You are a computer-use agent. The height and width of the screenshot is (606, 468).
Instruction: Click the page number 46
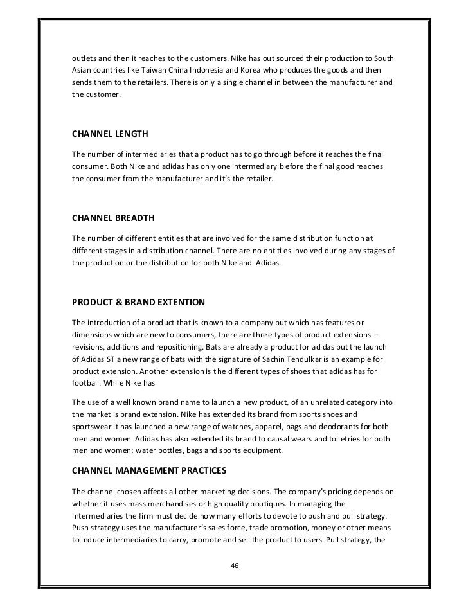pos(234,566)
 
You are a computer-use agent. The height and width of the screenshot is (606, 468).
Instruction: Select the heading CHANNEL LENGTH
pos(109,134)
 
